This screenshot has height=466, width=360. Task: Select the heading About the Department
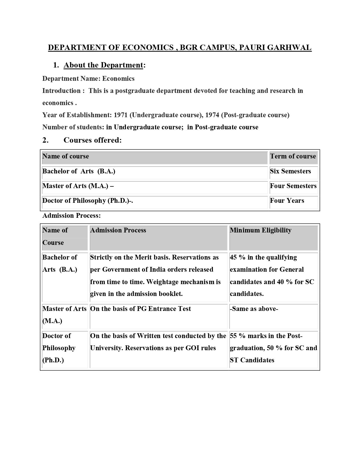(x=103, y=65)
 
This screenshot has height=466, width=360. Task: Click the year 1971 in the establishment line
(x=121, y=115)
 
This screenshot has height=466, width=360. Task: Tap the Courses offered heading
(x=92, y=140)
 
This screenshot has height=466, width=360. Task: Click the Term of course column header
(x=293, y=156)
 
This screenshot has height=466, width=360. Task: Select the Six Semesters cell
(x=290, y=171)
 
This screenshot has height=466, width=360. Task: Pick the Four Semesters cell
(x=293, y=186)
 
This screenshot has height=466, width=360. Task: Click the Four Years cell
(x=287, y=201)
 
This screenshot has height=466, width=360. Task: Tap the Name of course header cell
(x=66, y=156)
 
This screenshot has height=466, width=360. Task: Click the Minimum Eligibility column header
(x=260, y=230)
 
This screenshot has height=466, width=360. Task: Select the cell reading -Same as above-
(x=254, y=309)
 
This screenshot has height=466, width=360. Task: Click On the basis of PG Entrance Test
(x=140, y=309)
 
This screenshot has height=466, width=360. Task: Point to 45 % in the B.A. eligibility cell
(x=237, y=258)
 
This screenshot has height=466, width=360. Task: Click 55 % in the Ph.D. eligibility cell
(x=237, y=336)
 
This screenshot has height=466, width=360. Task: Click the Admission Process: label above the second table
(x=71, y=216)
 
